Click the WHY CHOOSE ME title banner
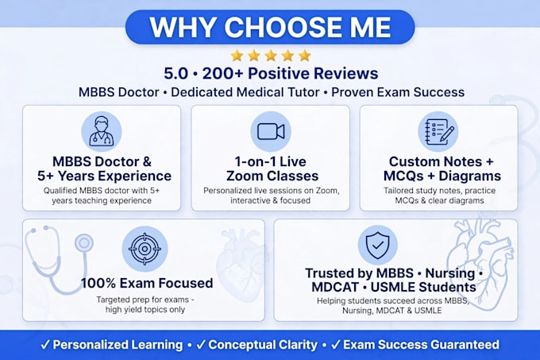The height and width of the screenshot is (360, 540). tap(270, 27)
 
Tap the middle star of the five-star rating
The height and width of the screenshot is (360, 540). tap(271, 56)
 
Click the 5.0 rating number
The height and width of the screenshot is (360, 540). tap(176, 73)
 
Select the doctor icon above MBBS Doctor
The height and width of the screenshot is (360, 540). tap(102, 131)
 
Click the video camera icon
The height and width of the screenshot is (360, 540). tap(271, 131)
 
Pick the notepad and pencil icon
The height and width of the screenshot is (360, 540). tap(438, 131)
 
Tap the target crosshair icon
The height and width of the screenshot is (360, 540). tap(145, 249)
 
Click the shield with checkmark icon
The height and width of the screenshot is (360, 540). tap(378, 246)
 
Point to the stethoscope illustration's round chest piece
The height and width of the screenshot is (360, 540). tap(84, 243)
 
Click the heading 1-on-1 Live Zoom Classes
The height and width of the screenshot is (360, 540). tap(272, 168)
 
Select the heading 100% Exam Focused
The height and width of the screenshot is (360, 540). tap(147, 283)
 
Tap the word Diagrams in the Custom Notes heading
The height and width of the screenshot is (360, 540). tap(470, 176)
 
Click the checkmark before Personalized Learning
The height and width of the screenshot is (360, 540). tap(45, 344)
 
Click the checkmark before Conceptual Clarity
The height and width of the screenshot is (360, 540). tap(201, 344)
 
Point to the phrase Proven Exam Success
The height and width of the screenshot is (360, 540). tap(398, 92)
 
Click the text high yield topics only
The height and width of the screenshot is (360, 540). tap(145, 309)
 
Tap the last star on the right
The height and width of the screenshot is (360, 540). tap(304, 56)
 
